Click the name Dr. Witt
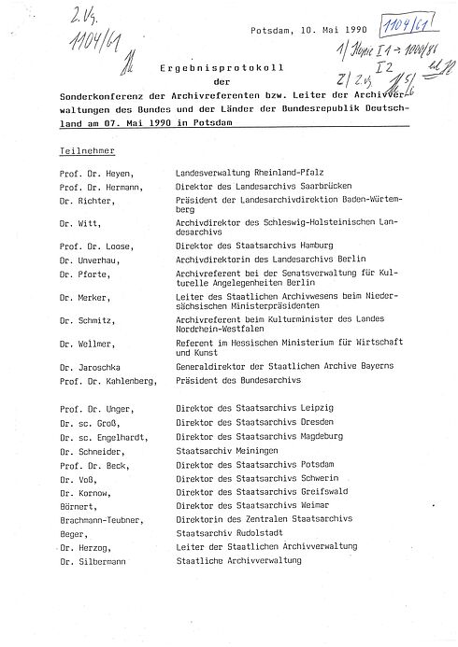76,223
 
